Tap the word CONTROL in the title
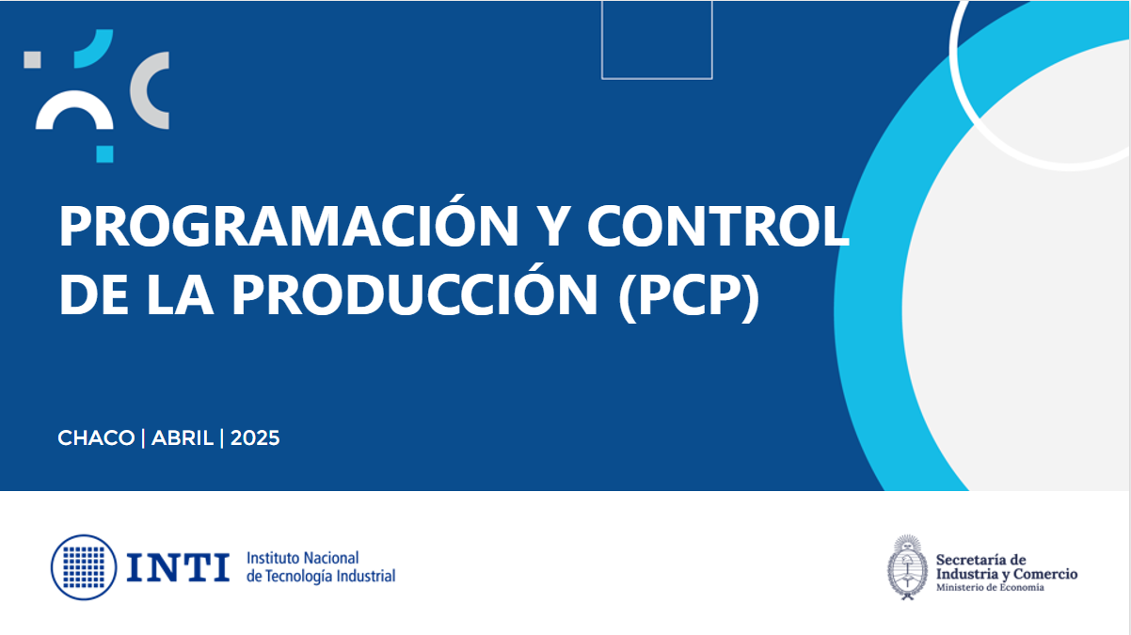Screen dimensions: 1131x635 coord(718,226)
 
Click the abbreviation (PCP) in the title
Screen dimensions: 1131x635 coord(689,295)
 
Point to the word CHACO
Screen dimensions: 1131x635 coord(96,437)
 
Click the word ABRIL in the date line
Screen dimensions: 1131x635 coord(183,437)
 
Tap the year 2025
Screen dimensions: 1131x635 coord(255,437)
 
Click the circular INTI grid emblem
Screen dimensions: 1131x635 coord(84,567)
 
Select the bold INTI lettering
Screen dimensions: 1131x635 coord(178,567)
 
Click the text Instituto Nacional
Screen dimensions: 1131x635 coord(302,558)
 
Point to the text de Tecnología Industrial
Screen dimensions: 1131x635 coord(321,576)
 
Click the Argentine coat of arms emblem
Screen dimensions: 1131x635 coord(907,567)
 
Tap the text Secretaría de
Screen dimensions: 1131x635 coord(981,560)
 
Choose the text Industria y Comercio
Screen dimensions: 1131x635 coord(1007,574)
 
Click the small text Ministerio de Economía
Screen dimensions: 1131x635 coord(990,587)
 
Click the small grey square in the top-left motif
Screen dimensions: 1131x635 coord(32,59)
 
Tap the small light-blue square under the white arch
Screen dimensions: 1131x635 coord(105,154)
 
